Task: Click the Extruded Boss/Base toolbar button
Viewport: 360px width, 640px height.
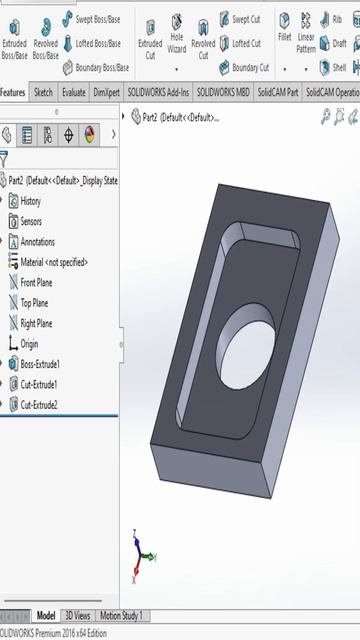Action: (14, 39)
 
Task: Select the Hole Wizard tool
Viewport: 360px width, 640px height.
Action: (176, 33)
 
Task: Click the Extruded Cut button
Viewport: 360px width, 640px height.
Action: (150, 40)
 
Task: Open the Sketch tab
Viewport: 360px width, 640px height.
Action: (43, 92)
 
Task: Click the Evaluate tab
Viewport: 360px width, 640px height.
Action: (73, 92)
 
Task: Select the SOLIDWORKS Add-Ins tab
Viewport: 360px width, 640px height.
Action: (158, 92)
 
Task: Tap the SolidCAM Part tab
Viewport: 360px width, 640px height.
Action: (278, 92)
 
